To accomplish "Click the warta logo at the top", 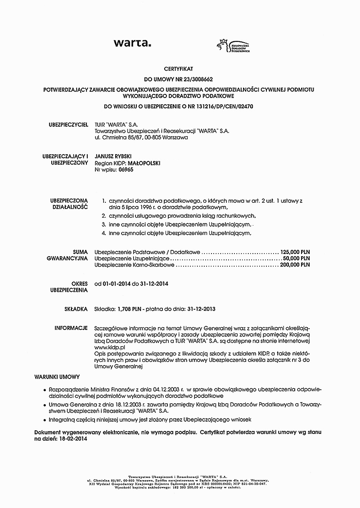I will pos(132,44).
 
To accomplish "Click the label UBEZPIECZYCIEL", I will pos(68,124).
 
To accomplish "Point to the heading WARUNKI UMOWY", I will pos(57,376).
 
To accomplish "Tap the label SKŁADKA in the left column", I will pos(76,309).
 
